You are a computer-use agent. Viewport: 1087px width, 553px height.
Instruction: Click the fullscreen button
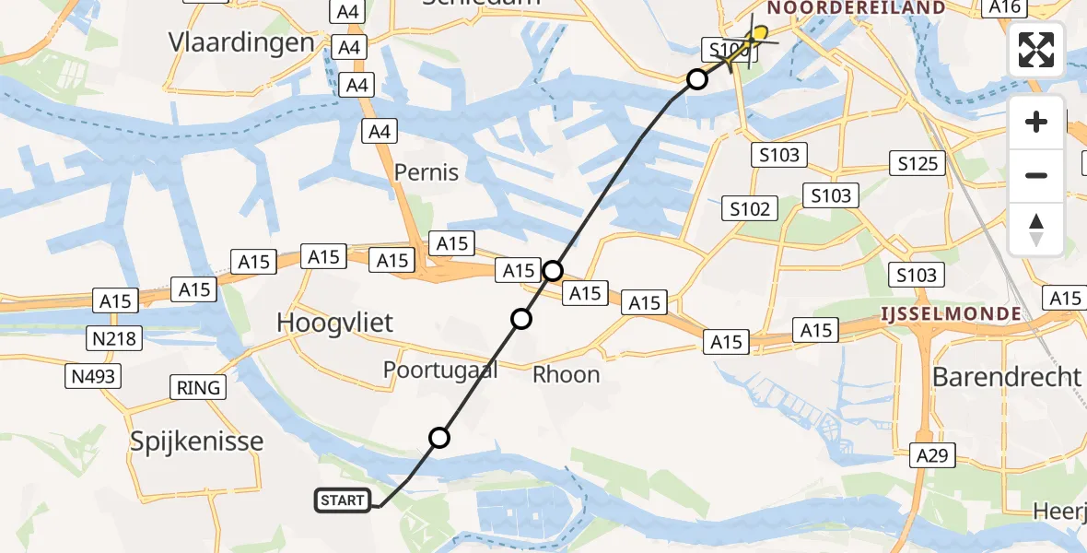[1036, 50]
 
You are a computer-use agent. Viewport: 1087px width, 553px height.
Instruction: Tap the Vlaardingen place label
[241, 42]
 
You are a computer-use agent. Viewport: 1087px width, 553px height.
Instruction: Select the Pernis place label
[427, 172]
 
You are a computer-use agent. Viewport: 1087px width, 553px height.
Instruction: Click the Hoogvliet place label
[335, 323]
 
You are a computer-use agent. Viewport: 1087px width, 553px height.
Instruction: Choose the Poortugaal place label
[440, 371]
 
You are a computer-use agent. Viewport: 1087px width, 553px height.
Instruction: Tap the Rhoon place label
[567, 374]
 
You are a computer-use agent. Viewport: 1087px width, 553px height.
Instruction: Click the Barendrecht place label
[1006, 376]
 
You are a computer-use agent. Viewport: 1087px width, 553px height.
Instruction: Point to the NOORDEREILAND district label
[856, 8]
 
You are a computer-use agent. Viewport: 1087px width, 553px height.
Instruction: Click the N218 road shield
[115, 338]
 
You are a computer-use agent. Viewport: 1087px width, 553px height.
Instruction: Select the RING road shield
[200, 387]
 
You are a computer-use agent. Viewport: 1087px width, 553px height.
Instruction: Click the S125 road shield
[918, 164]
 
